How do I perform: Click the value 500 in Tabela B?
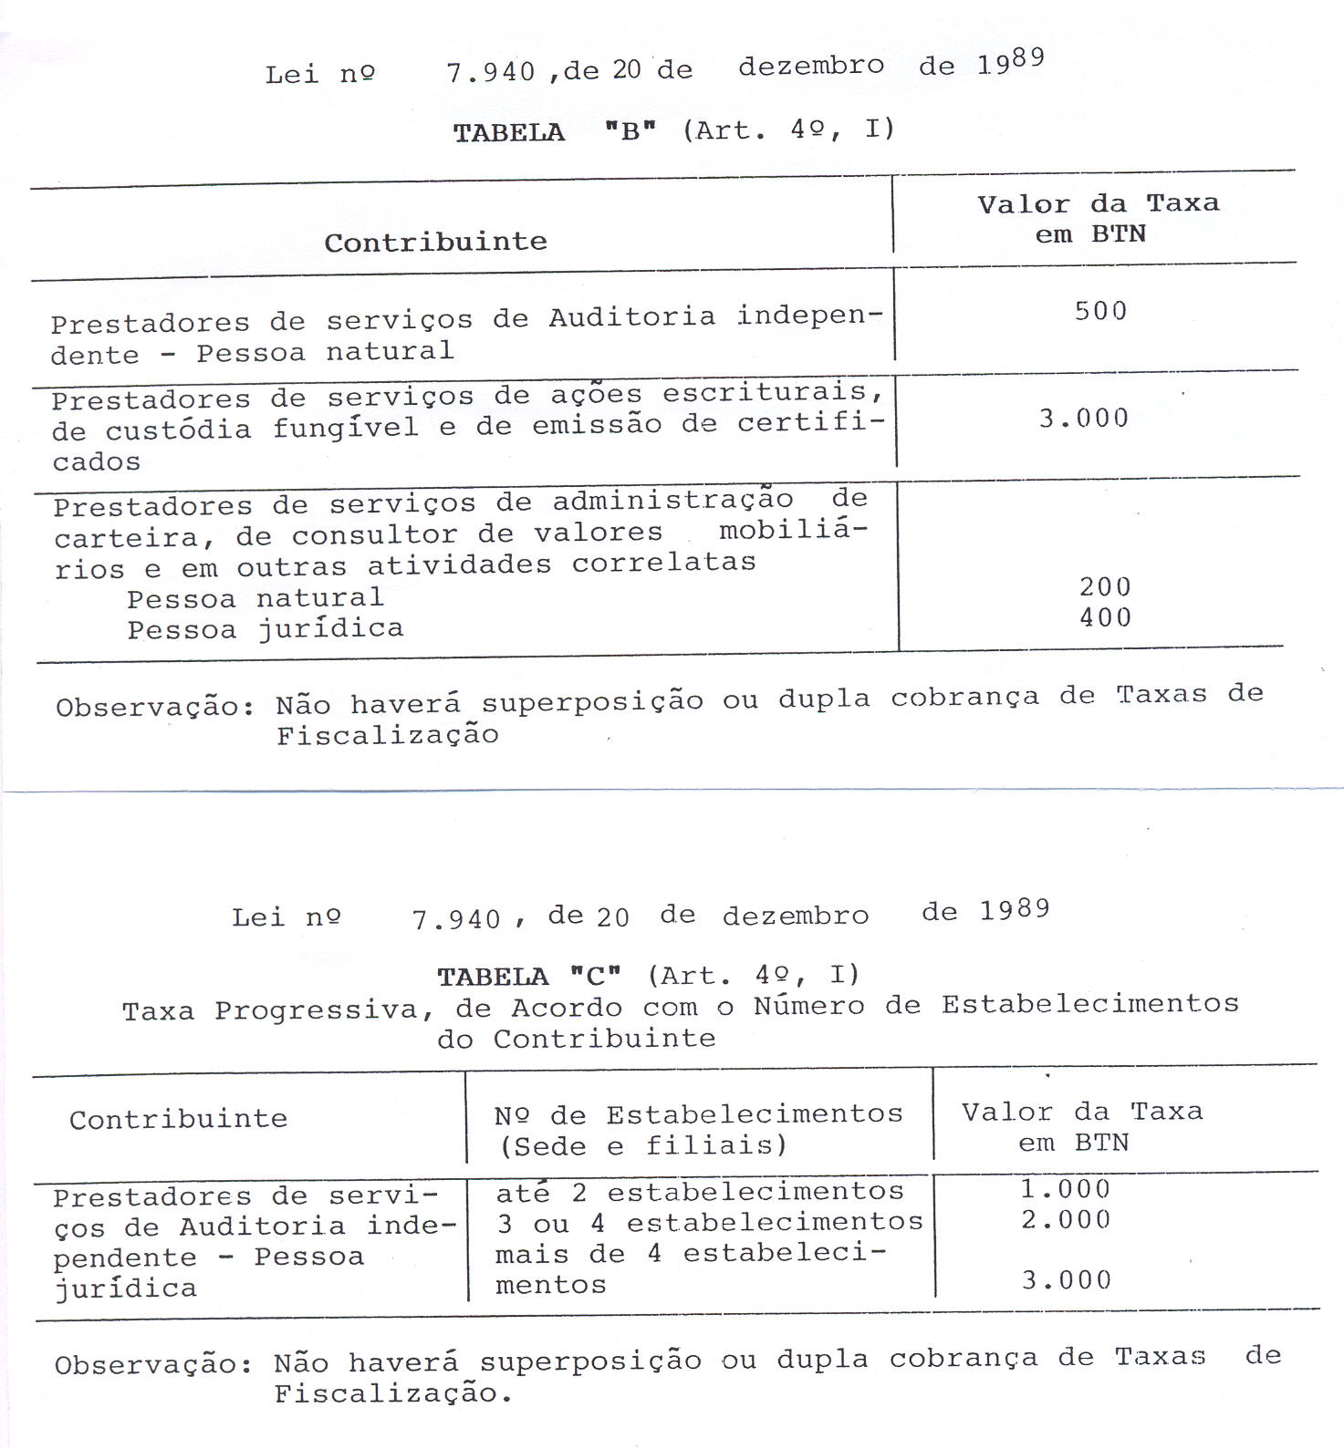[x=1100, y=312]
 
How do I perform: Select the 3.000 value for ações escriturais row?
[x=1083, y=419]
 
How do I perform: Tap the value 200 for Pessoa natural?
[x=1105, y=587]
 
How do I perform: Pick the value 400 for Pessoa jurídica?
[x=1105, y=618]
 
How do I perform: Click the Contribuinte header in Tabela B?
[x=435, y=243]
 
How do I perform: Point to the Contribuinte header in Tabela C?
[x=178, y=1120]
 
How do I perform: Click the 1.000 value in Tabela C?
[x=1065, y=1189]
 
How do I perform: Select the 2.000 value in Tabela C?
[x=1065, y=1220]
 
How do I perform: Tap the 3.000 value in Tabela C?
[x=1066, y=1280]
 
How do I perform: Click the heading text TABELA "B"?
[x=554, y=132]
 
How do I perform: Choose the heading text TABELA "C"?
[x=528, y=978]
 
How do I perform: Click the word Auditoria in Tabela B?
[x=631, y=317]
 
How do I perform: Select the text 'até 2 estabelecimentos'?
[x=699, y=1192]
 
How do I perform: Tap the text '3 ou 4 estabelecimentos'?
[x=709, y=1222]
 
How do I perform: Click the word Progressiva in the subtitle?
[x=316, y=1010]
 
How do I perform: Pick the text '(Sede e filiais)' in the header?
[x=642, y=1145]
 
